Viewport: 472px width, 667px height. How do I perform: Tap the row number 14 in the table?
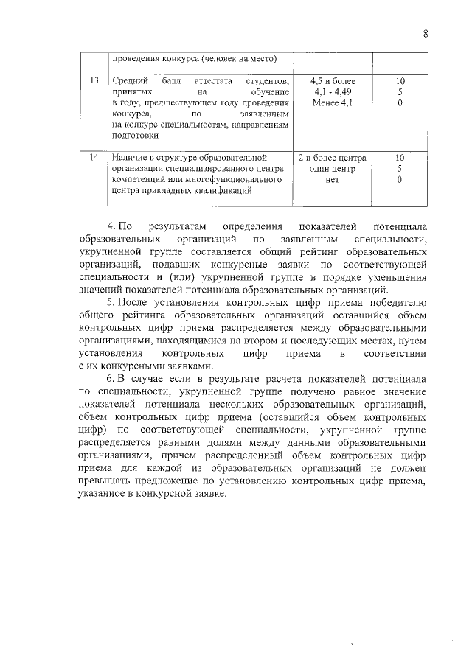tap(94, 158)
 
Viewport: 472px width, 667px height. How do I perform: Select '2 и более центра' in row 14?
tap(333, 158)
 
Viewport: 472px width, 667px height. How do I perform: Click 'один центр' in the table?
tap(333, 169)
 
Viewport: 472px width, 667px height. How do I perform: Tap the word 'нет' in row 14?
tap(333, 180)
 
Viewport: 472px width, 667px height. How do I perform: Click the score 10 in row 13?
tap(400, 80)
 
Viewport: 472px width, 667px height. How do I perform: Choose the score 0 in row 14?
tap(400, 180)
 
